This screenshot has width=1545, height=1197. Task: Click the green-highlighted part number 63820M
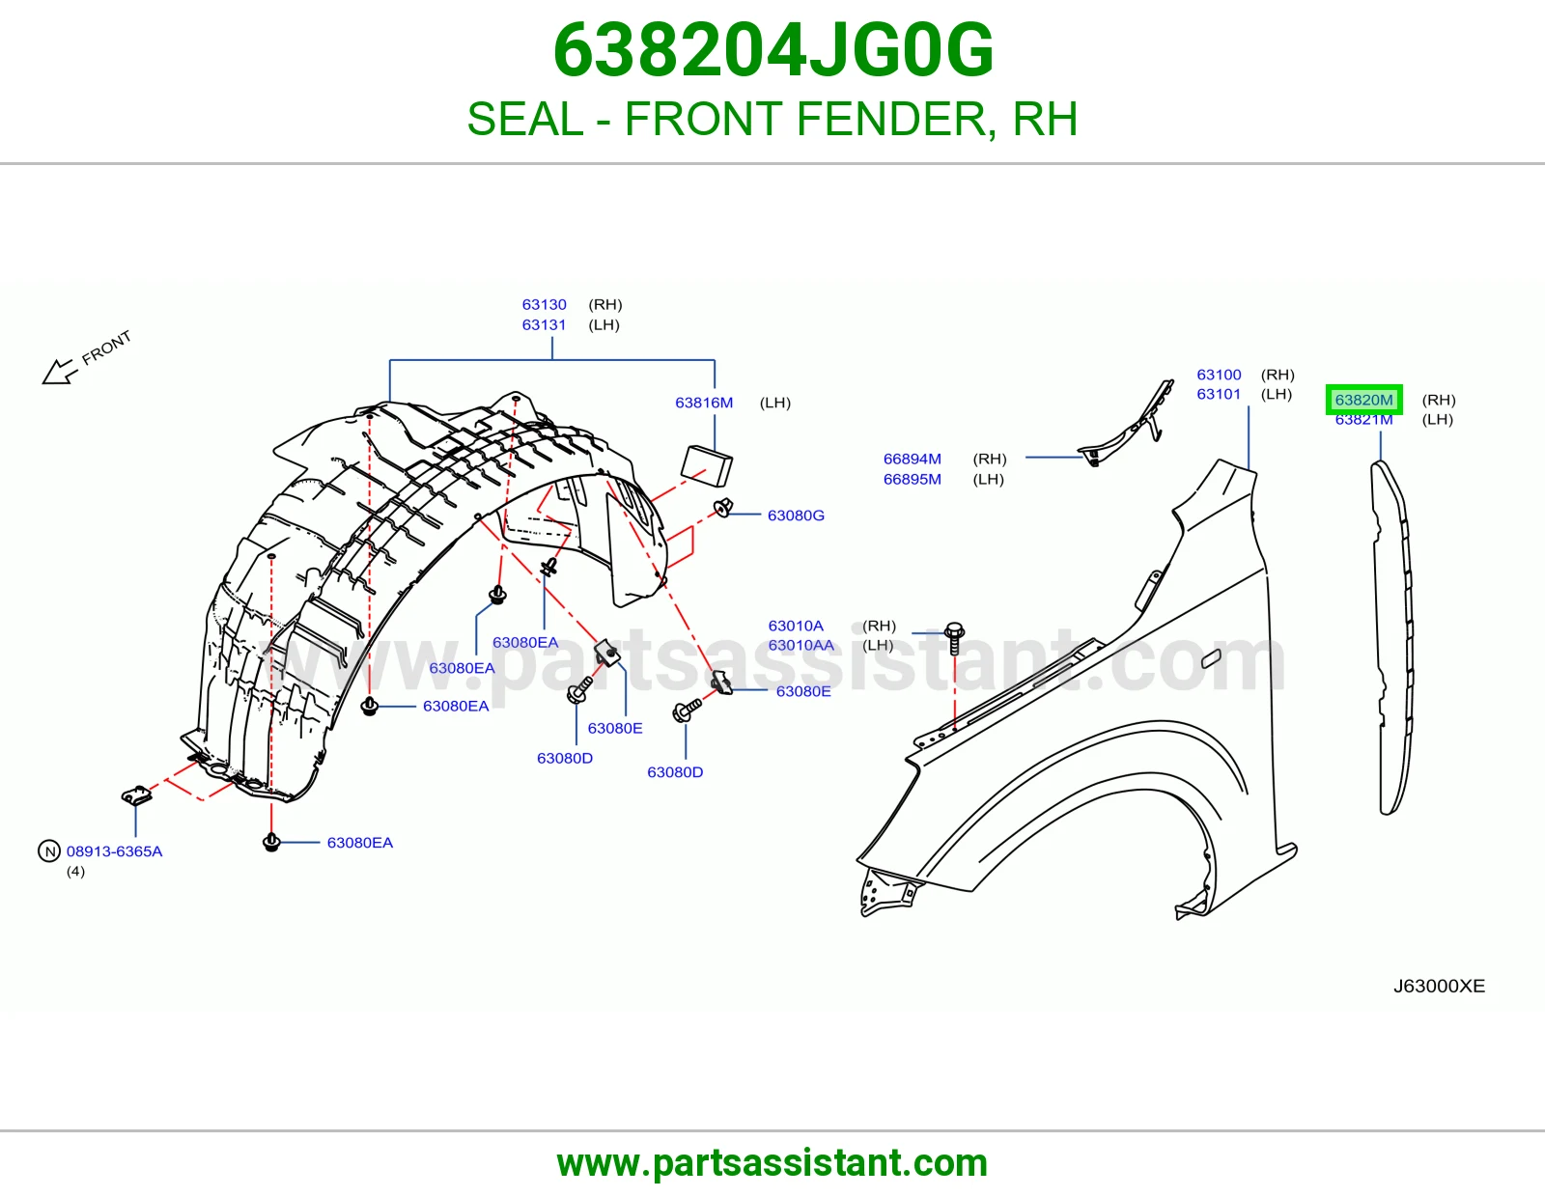(x=1363, y=400)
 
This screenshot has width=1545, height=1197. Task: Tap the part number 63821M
(x=1363, y=420)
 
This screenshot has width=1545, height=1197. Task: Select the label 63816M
(x=704, y=403)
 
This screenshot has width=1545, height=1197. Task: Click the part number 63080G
(x=796, y=515)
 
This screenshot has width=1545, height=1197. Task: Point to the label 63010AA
(x=801, y=646)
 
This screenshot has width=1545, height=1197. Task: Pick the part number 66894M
(x=913, y=459)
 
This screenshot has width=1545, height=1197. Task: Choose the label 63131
(x=544, y=325)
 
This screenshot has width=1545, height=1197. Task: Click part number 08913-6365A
(x=115, y=850)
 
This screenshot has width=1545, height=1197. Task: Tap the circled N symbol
(x=49, y=850)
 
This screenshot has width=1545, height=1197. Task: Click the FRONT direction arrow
(x=60, y=371)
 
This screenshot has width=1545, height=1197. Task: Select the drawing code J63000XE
(x=1439, y=986)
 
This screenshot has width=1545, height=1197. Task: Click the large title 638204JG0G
(x=772, y=50)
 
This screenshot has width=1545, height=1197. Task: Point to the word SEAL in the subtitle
(x=524, y=119)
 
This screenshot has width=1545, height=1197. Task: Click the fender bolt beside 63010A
(x=955, y=638)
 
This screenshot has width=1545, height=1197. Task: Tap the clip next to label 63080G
(x=723, y=508)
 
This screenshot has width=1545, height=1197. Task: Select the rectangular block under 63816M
(x=706, y=465)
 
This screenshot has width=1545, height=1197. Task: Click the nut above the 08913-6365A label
(x=136, y=794)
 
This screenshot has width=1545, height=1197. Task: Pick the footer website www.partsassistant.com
(x=772, y=1163)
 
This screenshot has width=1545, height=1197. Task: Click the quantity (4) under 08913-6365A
(x=75, y=872)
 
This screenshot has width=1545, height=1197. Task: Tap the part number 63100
(x=1219, y=375)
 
